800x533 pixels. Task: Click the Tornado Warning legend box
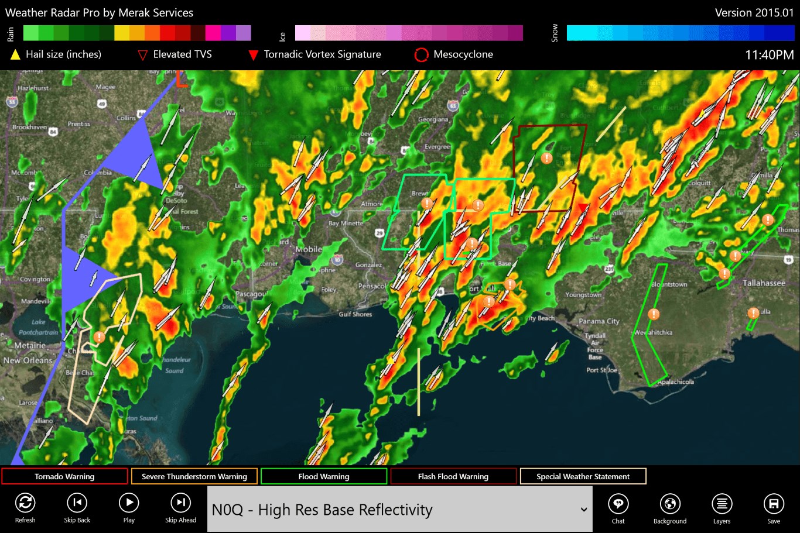pyautogui.click(x=64, y=476)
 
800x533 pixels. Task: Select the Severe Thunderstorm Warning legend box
pyautogui.click(x=194, y=476)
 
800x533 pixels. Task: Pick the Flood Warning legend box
pyautogui.click(x=324, y=476)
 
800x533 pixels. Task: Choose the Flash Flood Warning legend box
pyautogui.click(x=453, y=476)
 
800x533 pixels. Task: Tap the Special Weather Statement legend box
pyautogui.click(x=583, y=476)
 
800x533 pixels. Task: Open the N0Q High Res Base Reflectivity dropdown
pyautogui.click(x=400, y=510)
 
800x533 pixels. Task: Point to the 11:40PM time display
pyautogui.click(x=769, y=55)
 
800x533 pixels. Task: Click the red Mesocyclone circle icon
pyautogui.click(x=421, y=55)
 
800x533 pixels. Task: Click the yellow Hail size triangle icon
pyautogui.click(x=15, y=55)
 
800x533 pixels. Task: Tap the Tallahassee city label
pyautogui.click(x=764, y=283)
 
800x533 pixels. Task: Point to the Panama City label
pyautogui.click(x=599, y=321)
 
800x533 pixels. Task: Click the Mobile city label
pyautogui.click(x=309, y=249)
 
